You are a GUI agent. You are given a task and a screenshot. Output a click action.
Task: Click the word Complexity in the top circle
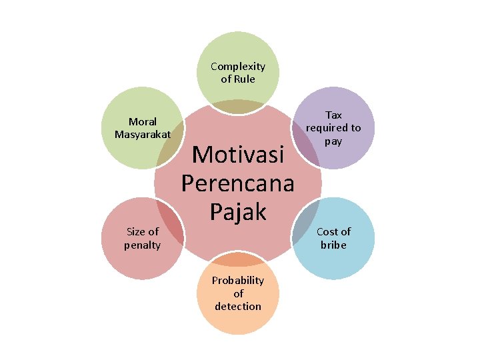tap(238, 66)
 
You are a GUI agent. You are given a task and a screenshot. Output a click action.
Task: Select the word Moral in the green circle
tap(143, 121)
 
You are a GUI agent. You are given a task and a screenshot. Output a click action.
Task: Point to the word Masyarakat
tap(143, 134)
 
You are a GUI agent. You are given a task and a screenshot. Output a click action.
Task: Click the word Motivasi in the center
tap(238, 155)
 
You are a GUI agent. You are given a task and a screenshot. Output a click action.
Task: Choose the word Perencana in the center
tap(238, 183)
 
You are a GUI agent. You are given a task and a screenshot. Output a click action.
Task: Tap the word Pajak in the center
tap(238, 211)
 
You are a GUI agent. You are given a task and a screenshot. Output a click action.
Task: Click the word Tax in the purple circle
tap(333, 115)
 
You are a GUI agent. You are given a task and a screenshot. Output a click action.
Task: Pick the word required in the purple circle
tap(326, 127)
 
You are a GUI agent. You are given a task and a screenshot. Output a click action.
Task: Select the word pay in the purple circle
tap(333, 141)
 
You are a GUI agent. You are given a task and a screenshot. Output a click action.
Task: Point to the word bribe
tap(333, 245)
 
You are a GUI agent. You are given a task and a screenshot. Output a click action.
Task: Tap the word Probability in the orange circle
tap(238, 280)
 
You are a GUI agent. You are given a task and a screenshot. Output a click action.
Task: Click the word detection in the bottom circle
tap(238, 306)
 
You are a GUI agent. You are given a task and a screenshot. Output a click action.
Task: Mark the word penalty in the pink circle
tap(142, 245)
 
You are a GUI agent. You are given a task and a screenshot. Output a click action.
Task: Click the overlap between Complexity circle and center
tap(237, 107)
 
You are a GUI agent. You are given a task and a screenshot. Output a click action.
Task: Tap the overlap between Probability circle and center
tap(238, 259)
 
